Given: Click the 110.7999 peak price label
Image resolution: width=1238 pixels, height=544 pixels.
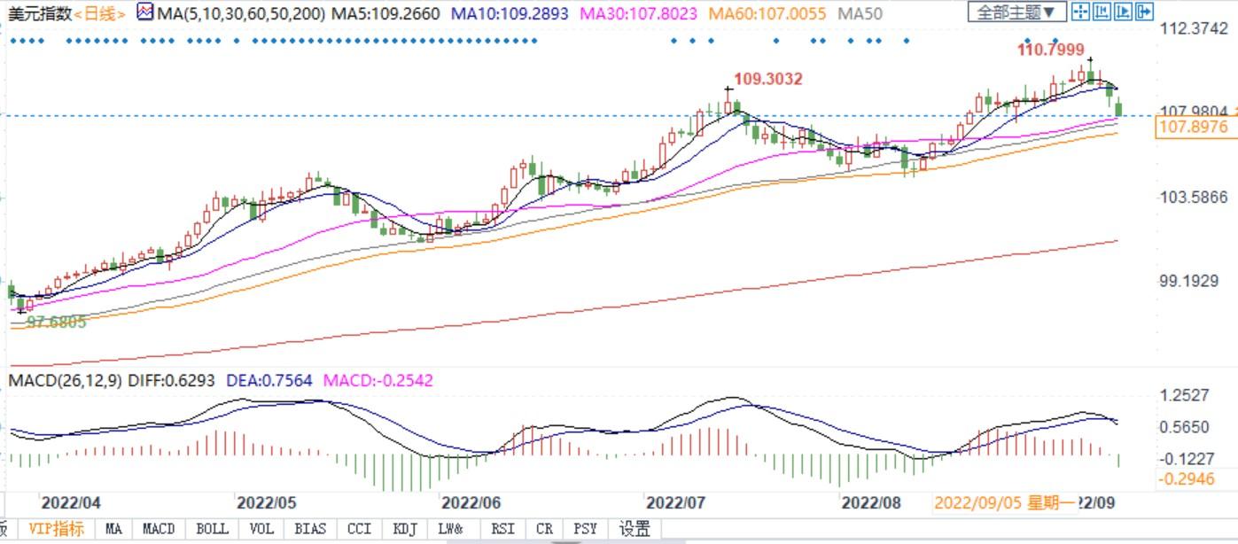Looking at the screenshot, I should (1050, 50).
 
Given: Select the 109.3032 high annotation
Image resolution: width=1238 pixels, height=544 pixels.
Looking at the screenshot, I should (768, 79).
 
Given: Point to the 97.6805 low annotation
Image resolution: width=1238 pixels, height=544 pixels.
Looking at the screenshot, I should (57, 323).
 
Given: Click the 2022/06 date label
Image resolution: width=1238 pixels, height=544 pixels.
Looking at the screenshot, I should (471, 503).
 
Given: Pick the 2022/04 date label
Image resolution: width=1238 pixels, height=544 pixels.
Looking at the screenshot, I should (71, 503).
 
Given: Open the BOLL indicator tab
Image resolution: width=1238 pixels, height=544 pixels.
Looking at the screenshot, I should (212, 529).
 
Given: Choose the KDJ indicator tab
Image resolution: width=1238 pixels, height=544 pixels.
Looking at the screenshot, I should (403, 529).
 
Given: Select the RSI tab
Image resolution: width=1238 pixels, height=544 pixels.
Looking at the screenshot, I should (502, 529).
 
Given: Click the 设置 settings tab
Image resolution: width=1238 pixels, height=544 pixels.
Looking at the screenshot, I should (635, 529).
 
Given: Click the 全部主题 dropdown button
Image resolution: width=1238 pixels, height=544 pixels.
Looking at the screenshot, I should (1016, 12).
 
